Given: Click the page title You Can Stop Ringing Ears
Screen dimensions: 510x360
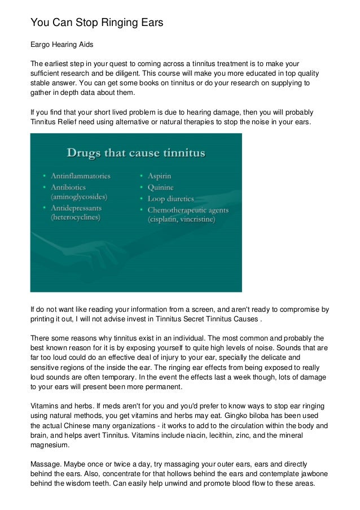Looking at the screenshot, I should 96,23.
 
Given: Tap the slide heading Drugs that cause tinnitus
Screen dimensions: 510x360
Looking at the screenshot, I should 136,153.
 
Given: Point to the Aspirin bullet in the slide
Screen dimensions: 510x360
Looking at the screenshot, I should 160,176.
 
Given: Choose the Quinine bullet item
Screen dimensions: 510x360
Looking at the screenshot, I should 161,187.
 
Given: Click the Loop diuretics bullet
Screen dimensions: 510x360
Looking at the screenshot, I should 170,198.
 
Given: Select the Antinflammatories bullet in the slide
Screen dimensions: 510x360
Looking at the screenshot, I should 81,176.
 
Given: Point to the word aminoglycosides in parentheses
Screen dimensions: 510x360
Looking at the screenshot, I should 78,197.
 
